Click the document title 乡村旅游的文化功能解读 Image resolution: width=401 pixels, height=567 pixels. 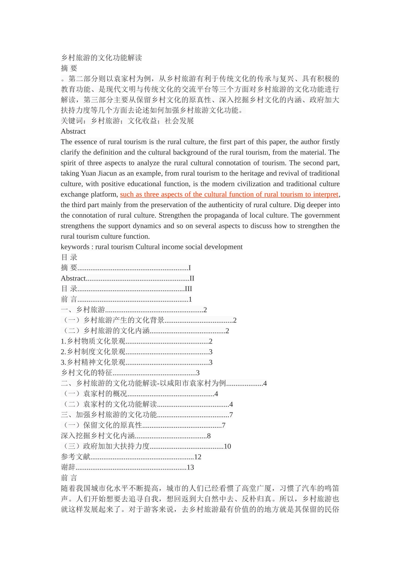coord(101,58)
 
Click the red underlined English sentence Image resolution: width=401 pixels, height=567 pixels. coord(229,194)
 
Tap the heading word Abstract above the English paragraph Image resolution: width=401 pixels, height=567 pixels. coord(73,131)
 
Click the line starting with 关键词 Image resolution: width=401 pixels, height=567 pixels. coord(127,121)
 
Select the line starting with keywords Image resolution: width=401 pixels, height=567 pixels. coord(152,247)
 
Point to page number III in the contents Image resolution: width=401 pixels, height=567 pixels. coord(188,289)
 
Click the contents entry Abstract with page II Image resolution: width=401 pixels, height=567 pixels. coord(127,278)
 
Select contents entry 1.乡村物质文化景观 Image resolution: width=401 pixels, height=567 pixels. coord(136,341)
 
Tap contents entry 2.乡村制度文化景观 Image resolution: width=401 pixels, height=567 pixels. coord(136,352)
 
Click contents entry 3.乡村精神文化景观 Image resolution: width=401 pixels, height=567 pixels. coord(136,362)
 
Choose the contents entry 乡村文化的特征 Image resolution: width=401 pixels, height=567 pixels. coord(130,373)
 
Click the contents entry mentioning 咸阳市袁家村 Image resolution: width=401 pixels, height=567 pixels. coord(163,383)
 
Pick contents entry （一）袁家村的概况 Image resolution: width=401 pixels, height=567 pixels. coord(139,394)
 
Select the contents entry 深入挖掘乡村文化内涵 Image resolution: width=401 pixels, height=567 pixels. coord(135,436)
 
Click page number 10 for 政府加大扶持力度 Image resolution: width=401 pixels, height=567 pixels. coord(227,446)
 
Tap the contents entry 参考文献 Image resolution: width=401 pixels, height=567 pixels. coord(131,457)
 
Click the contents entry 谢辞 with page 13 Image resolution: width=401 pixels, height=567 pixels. coord(127,467)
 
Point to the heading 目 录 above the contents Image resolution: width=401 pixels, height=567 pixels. coord(69,257)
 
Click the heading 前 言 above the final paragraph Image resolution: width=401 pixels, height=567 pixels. coord(69,478)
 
